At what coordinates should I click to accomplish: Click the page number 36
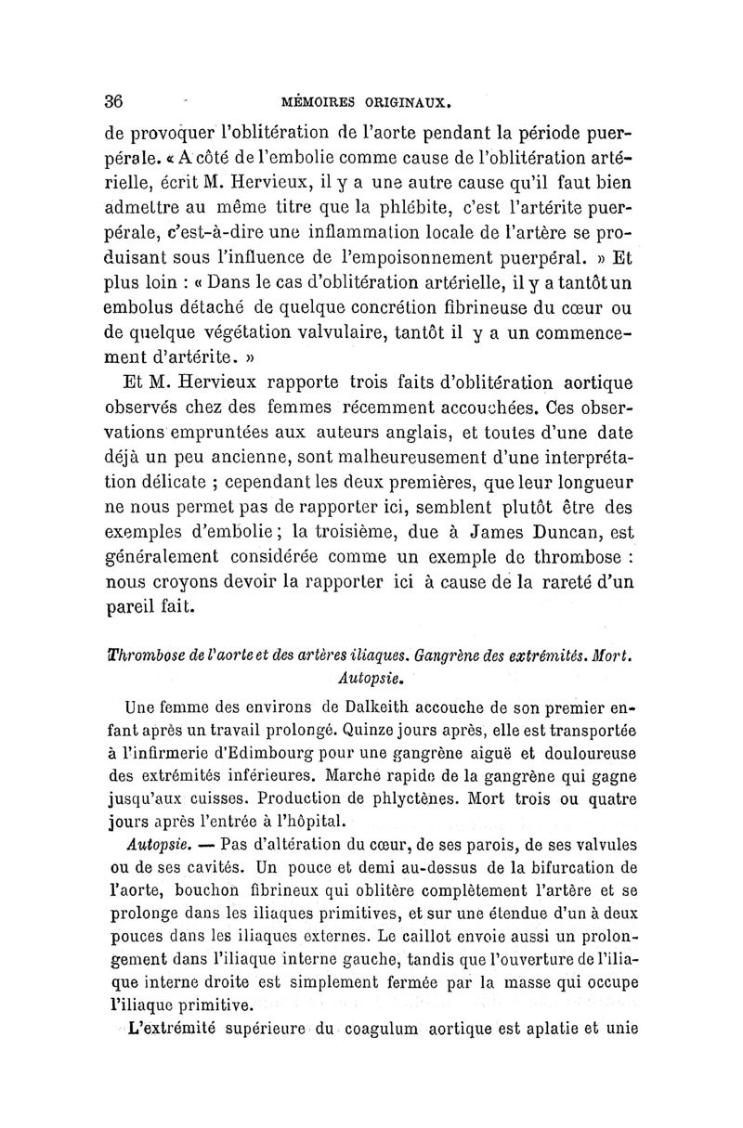pyautogui.click(x=115, y=100)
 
